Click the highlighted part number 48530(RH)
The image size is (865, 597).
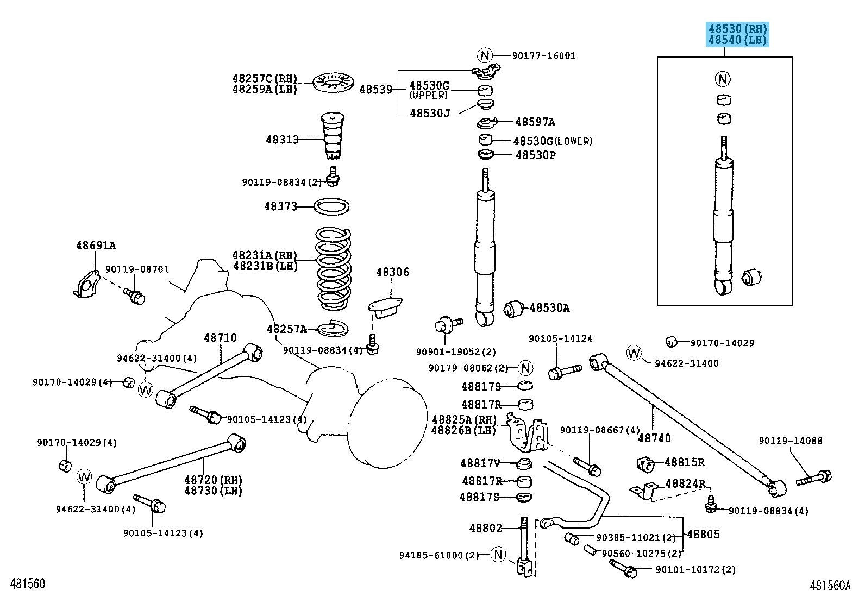(x=737, y=29)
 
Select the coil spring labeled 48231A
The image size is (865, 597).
(x=334, y=266)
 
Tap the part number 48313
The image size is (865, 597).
(x=282, y=140)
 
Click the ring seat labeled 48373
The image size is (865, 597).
(x=333, y=206)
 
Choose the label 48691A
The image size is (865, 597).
(x=96, y=246)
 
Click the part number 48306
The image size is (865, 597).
(x=392, y=272)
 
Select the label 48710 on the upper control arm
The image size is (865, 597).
(x=220, y=338)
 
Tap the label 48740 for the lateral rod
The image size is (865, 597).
(x=654, y=438)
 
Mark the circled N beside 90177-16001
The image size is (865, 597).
(x=485, y=55)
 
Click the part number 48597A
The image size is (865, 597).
(x=535, y=122)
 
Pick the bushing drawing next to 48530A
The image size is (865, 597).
(x=513, y=309)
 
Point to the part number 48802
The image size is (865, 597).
(x=486, y=527)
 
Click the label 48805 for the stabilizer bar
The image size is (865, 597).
(x=703, y=534)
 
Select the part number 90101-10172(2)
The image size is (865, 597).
(x=695, y=570)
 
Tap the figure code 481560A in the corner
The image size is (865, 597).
(x=830, y=585)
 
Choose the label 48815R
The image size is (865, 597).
(x=684, y=463)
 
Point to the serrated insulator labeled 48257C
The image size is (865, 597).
(x=334, y=83)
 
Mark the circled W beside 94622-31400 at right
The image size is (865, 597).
(x=634, y=353)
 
